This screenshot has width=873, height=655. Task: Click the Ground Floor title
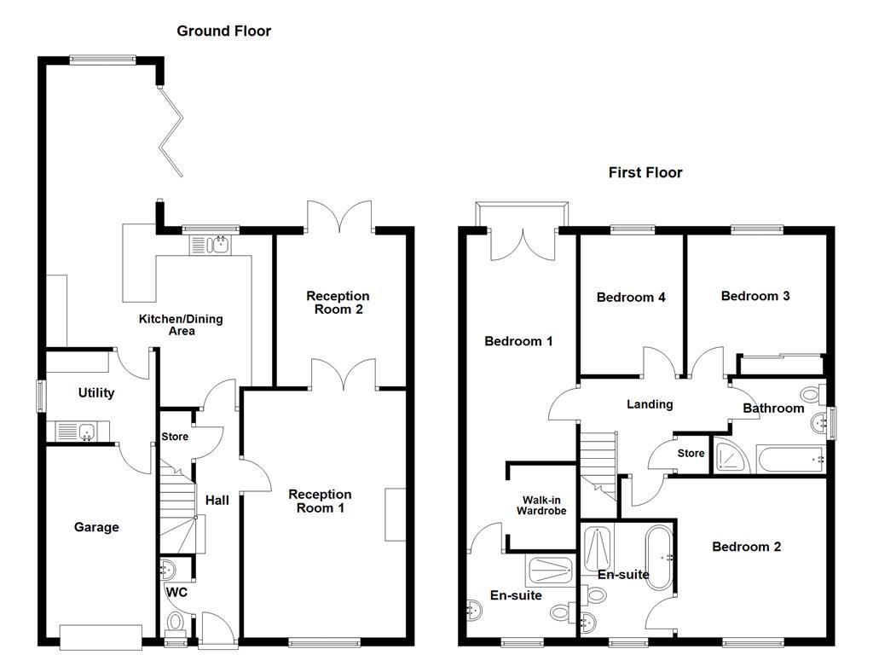223,31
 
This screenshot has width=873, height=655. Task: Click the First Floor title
645,172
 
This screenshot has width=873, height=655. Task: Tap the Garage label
95,527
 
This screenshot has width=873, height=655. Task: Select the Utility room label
95,393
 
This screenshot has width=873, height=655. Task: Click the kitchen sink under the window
210,246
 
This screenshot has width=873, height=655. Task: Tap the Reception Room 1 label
320,501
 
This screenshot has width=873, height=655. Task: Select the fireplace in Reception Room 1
396,514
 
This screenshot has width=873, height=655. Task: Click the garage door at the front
101,636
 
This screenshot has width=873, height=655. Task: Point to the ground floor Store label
174,438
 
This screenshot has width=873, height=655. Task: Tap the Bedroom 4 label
631,298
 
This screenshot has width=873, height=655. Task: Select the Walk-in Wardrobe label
541,505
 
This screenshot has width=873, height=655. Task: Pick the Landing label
650,404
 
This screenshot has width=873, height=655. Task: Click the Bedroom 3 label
754,296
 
